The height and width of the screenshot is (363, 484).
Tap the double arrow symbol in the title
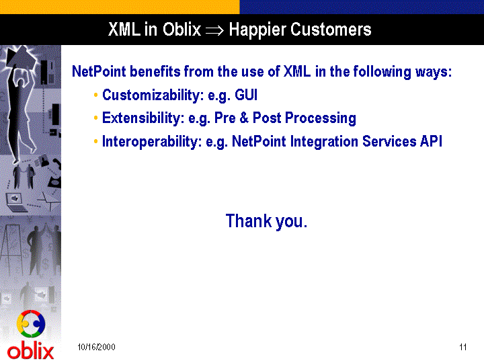(x=214, y=30)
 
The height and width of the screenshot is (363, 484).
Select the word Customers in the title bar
(x=331, y=30)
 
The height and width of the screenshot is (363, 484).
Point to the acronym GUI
(x=246, y=95)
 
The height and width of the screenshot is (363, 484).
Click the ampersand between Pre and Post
(x=244, y=118)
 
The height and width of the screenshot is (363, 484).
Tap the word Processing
(x=321, y=118)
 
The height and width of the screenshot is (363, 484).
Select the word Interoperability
(x=152, y=142)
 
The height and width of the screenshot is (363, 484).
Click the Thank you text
(x=266, y=221)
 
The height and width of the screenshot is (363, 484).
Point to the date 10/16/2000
(x=96, y=347)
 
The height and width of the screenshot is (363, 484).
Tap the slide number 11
(x=462, y=347)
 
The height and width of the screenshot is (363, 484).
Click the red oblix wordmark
(x=30, y=351)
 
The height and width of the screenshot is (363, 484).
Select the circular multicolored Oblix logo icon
(x=31, y=323)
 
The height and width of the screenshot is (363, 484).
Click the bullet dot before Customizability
(x=95, y=95)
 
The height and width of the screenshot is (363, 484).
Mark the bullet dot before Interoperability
(x=95, y=141)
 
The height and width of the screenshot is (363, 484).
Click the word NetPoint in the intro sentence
(x=99, y=71)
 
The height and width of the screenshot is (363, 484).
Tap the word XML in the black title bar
(x=124, y=30)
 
